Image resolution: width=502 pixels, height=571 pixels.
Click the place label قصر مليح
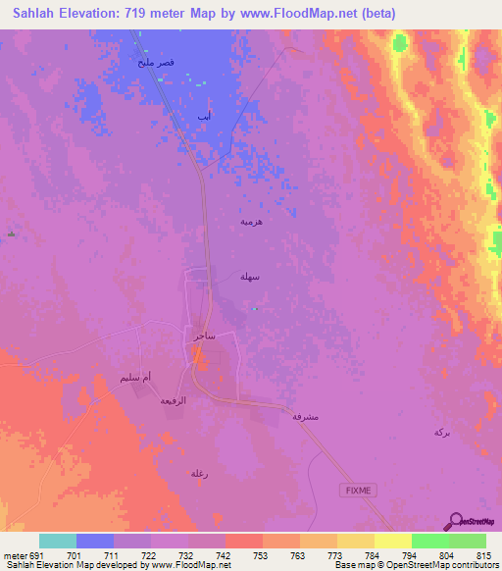156,63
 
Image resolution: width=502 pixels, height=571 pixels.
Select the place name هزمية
251,222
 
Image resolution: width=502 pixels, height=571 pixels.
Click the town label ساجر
204,336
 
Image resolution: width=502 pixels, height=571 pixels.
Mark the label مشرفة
304,417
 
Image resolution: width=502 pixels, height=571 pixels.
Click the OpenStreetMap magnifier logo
457,520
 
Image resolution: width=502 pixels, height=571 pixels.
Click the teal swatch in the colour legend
58,541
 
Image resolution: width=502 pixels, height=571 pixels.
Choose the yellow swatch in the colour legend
392,541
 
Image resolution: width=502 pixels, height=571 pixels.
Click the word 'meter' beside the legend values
12,555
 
